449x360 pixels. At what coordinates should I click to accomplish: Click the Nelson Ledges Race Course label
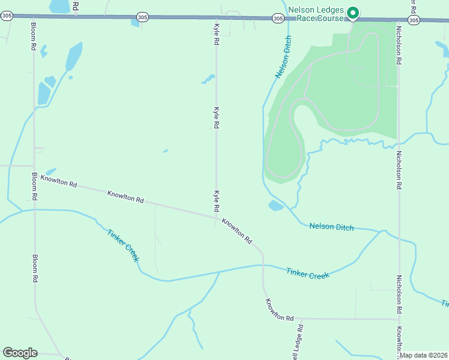pyautogui.click(x=316, y=14)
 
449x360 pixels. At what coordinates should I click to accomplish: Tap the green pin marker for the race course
pyautogui.click(x=354, y=13)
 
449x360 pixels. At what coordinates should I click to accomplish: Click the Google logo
pyautogui.click(x=20, y=353)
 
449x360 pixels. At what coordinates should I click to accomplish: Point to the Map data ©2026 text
pyautogui.click(x=424, y=355)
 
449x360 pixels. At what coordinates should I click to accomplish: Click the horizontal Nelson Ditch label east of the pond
pyautogui.click(x=331, y=227)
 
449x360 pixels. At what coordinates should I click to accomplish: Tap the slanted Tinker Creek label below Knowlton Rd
pyautogui.click(x=124, y=245)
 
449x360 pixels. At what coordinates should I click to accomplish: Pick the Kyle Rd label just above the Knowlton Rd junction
pyautogui.click(x=215, y=200)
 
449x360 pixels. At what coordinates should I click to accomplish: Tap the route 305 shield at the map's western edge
pyautogui.click(x=7, y=17)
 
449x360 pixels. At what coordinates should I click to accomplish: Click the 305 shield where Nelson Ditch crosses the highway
pyautogui.click(x=277, y=19)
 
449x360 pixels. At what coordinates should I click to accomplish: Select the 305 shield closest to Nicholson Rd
pyautogui.click(x=414, y=20)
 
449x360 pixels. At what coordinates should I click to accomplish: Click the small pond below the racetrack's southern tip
pyautogui.click(x=276, y=206)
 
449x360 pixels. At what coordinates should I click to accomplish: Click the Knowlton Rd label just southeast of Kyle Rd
pyautogui.click(x=237, y=230)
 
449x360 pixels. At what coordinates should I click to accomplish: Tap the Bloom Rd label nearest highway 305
pyautogui.click(x=33, y=39)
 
